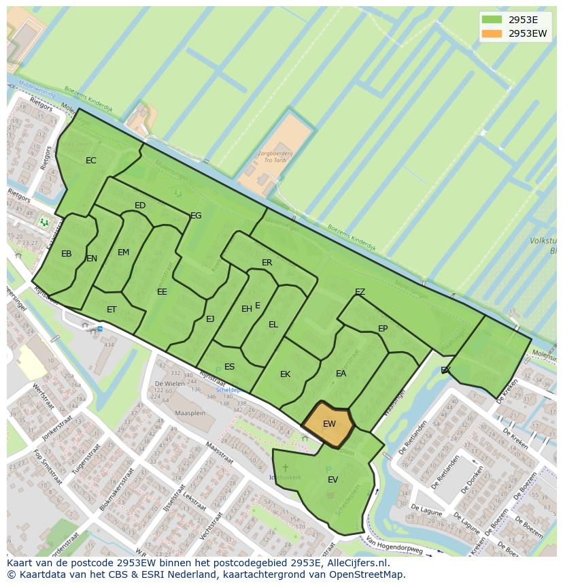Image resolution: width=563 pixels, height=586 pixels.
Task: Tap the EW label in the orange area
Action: point(329,424)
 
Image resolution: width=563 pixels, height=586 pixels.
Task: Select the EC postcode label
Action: point(91,161)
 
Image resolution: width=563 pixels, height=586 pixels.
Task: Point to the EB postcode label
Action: point(67,254)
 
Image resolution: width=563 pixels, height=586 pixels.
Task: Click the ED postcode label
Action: point(140,206)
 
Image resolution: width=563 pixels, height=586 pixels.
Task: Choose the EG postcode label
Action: point(196,216)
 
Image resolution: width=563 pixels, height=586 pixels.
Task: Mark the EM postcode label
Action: point(123,253)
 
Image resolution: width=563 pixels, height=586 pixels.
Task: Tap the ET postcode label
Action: point(112,309)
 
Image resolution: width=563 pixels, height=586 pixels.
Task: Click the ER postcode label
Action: point(267,263)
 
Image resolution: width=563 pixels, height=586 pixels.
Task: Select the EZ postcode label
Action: point(360,292)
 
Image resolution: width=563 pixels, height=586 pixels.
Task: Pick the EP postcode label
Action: point(383,329)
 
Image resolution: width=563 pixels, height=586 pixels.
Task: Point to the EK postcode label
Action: point(286,374)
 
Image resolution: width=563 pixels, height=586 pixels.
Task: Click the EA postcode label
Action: point(341,374)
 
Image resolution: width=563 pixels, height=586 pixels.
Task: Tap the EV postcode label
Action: point(332,480)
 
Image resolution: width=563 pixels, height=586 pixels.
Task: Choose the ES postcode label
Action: point(230,367)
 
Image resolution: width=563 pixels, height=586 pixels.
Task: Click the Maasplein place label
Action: point(190,413)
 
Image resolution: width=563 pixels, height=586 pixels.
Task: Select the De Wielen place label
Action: point(169,383)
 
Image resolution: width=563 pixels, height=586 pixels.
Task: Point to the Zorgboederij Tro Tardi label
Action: point(275,159)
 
